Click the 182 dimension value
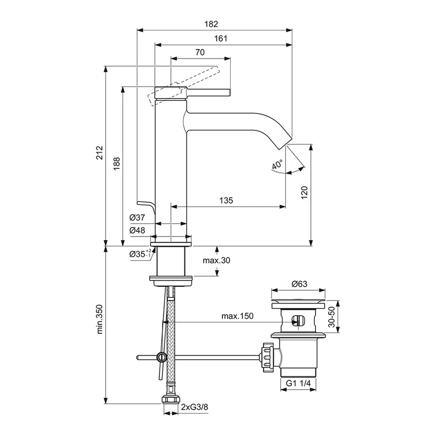(213, 24)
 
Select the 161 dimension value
(220, 39)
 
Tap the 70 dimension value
(199, 52)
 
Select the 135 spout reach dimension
(226, 200)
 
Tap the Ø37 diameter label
(137, 218)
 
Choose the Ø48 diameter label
(137, 231)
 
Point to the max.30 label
(216, 261)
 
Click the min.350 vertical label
(100, 319)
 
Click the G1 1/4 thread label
(299, 384)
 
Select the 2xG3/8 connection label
(195, 407)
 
